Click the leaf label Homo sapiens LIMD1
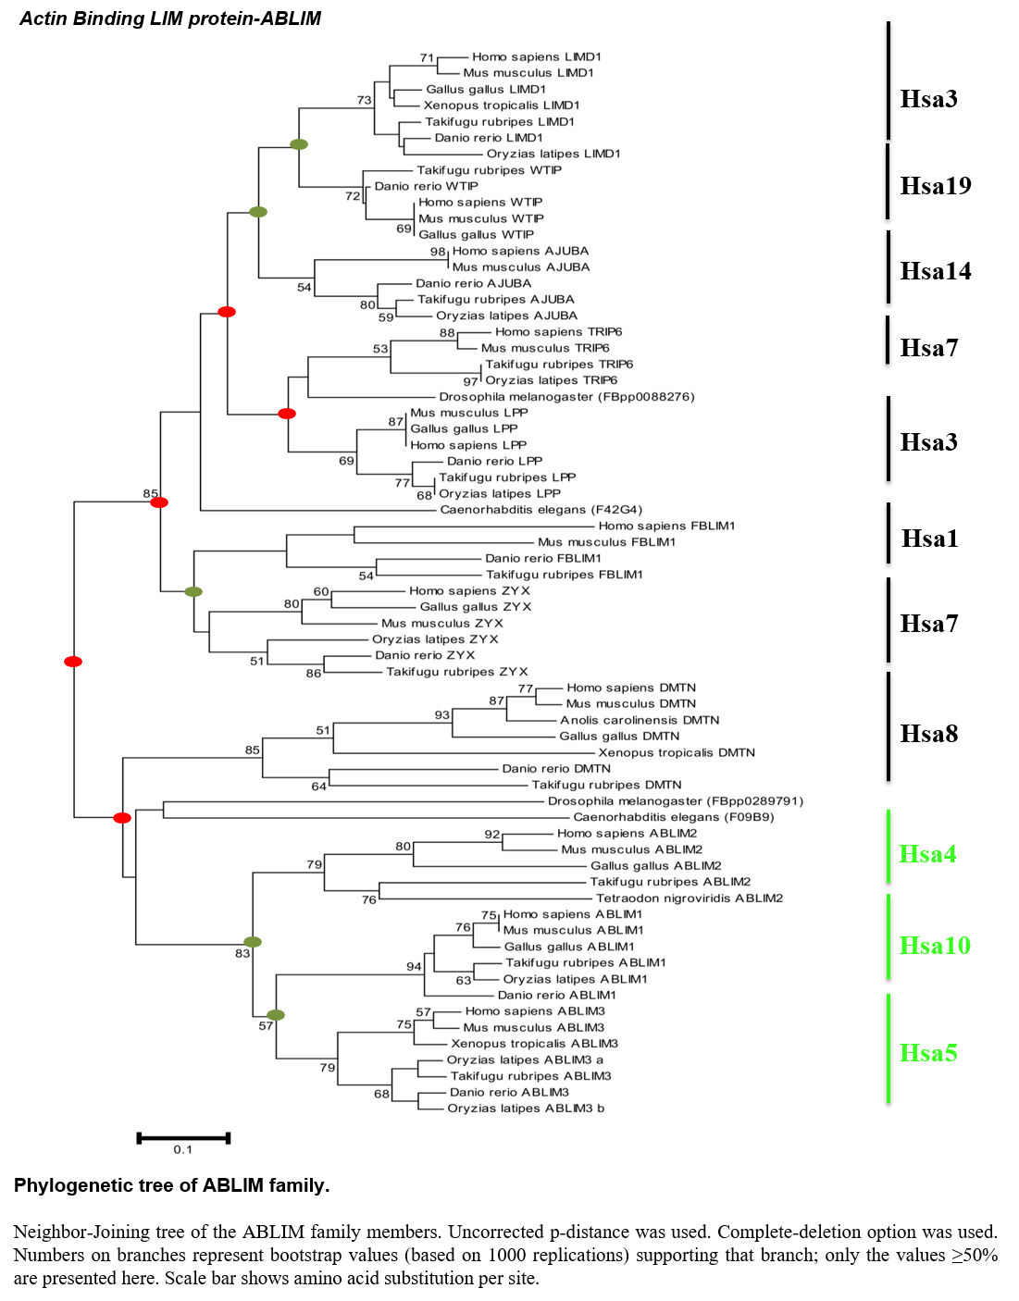coord(537,56)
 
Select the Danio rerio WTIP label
coord(427,186)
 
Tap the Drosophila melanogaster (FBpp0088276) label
coord(566,396)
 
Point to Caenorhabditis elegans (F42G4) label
coord(541,510)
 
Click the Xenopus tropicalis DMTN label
coord(677,752)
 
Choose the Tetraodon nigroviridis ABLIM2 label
coord(690,898)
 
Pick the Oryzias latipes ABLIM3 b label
coord(526,1109)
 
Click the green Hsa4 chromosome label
coord(927,854)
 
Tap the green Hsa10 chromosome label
coord(935,946)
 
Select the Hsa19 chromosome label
coord(936,186)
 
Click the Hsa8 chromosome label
coord(929,734)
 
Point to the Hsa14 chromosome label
coord(936,270)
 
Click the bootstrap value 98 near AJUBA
coord(438,252)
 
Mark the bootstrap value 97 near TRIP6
coord(470,381)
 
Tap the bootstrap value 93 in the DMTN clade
coord(441,715)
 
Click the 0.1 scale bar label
coord(182,1149)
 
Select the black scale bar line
coord(183,1138)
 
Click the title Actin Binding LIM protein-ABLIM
coord(170,19)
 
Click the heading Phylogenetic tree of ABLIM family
coord(172,1185)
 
